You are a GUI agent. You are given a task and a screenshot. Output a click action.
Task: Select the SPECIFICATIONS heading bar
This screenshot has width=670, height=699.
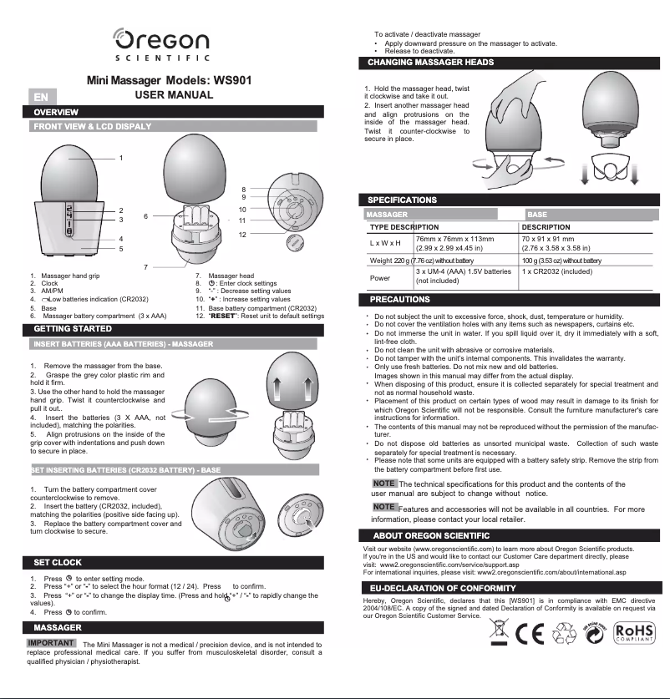403,200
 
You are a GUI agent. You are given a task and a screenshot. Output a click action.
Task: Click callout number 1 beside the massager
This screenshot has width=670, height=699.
120,158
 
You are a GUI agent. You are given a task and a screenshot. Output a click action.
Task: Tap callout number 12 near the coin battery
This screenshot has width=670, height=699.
241,235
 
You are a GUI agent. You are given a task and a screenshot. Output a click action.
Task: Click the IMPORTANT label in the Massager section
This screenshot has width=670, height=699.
53,642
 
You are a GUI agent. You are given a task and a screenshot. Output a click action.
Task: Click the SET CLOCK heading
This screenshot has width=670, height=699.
58,562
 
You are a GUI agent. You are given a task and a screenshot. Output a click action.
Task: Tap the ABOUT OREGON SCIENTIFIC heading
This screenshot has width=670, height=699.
431,535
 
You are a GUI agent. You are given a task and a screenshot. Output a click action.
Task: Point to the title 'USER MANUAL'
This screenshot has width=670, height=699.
174,95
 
